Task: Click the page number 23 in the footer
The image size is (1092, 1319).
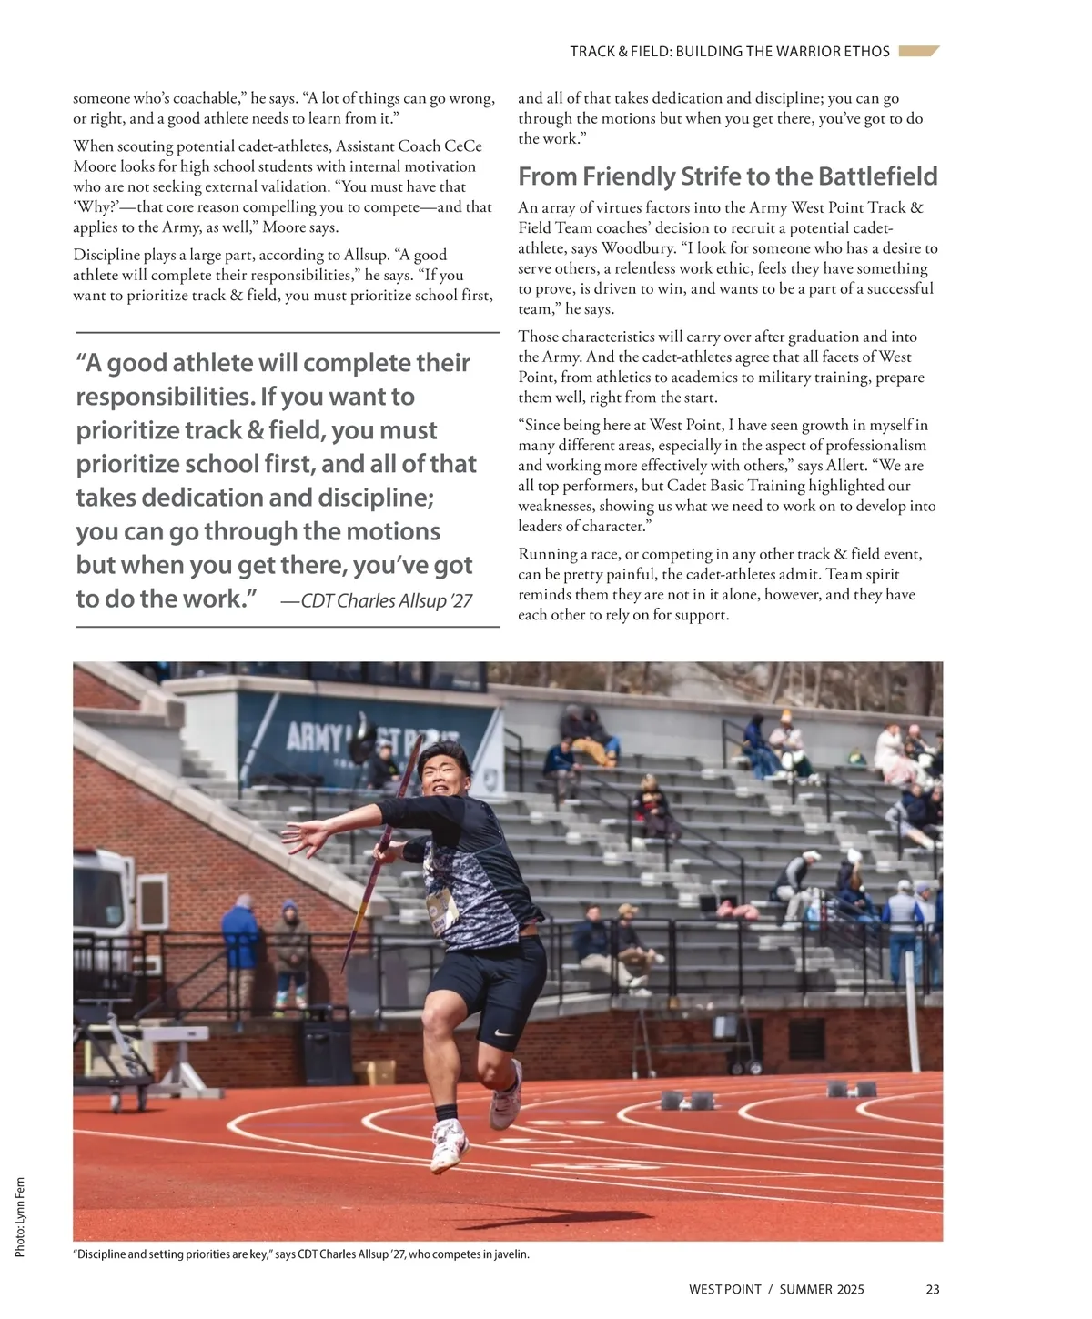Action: pos(932,1289)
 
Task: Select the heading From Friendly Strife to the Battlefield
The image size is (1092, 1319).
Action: pos(727,176)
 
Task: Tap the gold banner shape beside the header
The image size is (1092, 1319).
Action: pos(918,51)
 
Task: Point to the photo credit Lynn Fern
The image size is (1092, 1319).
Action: pos(20,1218)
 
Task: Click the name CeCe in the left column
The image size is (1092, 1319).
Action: pos(463,146)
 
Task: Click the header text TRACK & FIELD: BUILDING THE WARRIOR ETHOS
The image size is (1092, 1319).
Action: pos(730,52)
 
